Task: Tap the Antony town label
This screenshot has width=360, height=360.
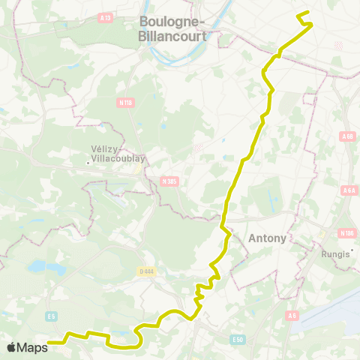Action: pos(266,238)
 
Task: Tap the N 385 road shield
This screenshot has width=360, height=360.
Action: pos(170,181)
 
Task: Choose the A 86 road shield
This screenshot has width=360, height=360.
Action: pos(346,136)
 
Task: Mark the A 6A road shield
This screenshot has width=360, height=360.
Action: pos(349,190)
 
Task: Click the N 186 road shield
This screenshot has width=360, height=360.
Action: pos(346,233)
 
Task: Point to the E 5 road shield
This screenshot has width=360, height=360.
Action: pos(51,316)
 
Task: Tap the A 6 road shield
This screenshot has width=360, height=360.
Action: pos(293,316)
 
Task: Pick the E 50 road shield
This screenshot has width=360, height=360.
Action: pos(238,340)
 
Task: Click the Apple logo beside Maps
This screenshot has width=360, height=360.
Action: pos(12,347)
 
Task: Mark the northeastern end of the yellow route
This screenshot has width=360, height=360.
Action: pos(298,14)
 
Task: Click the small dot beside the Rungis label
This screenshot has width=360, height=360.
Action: pos(351,261)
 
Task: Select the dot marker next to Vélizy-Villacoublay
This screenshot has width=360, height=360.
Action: pos(88,162)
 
